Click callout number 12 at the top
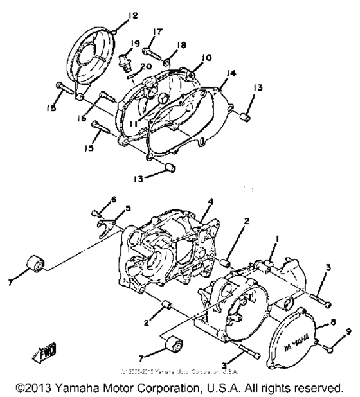[x=115, y=15]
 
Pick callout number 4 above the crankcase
[x=210, y=203]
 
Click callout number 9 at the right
[x=349, y=331]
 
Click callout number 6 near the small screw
[x=114, y=200]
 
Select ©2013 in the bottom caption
[x=35, y=388]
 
